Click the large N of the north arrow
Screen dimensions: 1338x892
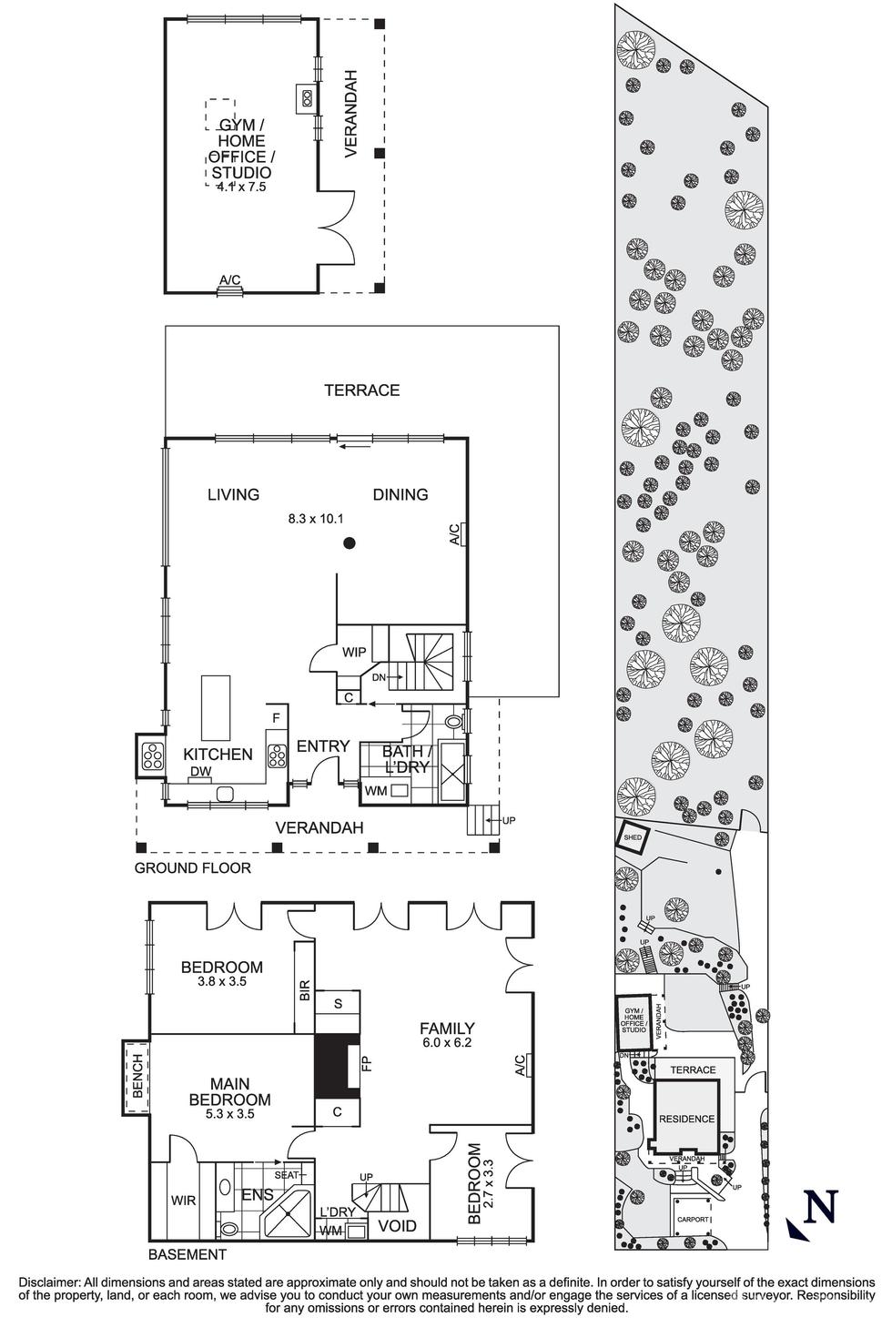point(821,1207)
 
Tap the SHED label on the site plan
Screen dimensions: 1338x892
point(633,836)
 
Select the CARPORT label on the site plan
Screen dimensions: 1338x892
point(693,1219)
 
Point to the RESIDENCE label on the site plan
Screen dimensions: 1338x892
point(687,1119)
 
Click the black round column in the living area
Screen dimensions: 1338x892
point(349,544)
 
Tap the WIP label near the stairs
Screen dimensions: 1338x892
point(354,653)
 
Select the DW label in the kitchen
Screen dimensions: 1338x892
point(200,772)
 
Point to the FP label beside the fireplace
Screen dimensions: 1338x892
point(367,1062)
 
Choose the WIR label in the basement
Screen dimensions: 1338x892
point(183,1201)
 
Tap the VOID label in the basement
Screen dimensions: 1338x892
point(398,1226)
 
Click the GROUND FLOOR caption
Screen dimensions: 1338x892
point(192,868)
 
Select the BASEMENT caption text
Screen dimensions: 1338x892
point(187,1254)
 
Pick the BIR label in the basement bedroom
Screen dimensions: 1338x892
point(305,991)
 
